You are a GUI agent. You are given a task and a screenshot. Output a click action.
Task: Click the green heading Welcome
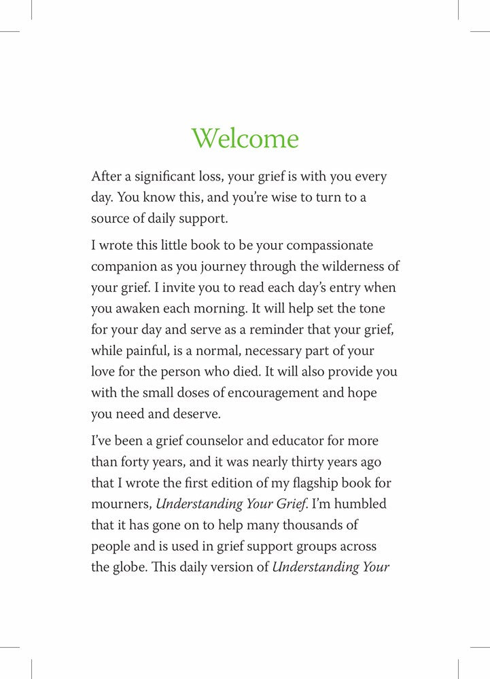tap(245, 139)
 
